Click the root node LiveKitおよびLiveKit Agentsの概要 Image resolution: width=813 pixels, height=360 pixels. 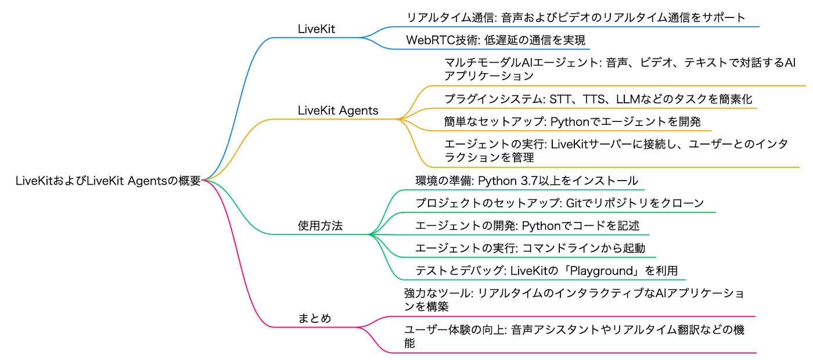pyautogui.click(x=108, y=181)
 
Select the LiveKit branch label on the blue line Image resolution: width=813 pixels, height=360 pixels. pyautogui.click(x=316, y=29)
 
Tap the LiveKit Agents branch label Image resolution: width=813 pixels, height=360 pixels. pyautogui.click(x=338, y=110)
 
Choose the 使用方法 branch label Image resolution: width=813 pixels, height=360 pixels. pyautogui.click(x=320, y=226)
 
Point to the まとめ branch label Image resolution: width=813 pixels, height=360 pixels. pyautogui.click(x=314, y=318)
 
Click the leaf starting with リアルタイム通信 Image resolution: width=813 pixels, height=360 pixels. pyautogui.click(x=575, y=17)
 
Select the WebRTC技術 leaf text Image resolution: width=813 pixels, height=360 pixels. pyautogui.click(x=496, y=40)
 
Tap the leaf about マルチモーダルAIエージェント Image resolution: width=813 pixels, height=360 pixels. pyautogui.click(x=620, y=69)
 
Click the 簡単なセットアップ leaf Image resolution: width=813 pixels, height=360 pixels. pyautogui.click(x=573, y=121)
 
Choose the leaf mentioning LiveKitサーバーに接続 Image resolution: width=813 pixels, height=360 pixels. pyautogui.click(x=616, y=150)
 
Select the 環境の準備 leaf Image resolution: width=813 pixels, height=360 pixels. pyautogui.click(x=527, y=181)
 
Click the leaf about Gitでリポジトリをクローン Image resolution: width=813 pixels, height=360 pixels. pyautogui.click(x=560, y=203)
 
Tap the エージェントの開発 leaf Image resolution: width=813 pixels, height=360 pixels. pyautogui.click(x=527, y=226)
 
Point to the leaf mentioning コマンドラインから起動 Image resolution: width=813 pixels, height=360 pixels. pyautogui.click(x=530, y=249)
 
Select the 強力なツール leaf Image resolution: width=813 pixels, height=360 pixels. pyautogui.click(x=574, y=300)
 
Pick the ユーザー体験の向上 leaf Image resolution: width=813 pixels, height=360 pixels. pyautogui.click(x=574, y=336)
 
